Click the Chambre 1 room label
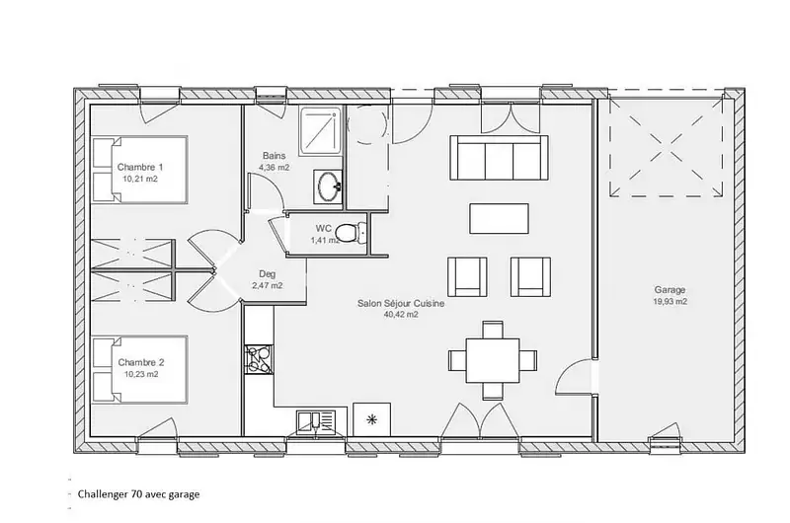(x=140, y=167)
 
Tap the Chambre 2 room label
(x=141, y=362)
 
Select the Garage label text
(x=670, y=290)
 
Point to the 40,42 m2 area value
(x=401, y=315)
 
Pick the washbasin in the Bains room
(x=328, y=187)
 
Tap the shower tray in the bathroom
(x=319, y=130)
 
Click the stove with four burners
(x=259, y=359)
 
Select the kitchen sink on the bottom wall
(x=316, y=422)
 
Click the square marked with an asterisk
(x=372, y=419)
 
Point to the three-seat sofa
(x=499, y=158)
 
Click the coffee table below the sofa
(x=499, y=218)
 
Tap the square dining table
(x=492, y=360)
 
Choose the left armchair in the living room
(x=467, y=277)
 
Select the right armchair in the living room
(x=530, y=277)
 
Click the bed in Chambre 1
(x=139, y=170)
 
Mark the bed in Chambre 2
(x=139, y=369)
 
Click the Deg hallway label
(x=267, y=274)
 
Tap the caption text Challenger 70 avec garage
(x=138, y=494)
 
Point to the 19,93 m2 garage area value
(x=671, y=302)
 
